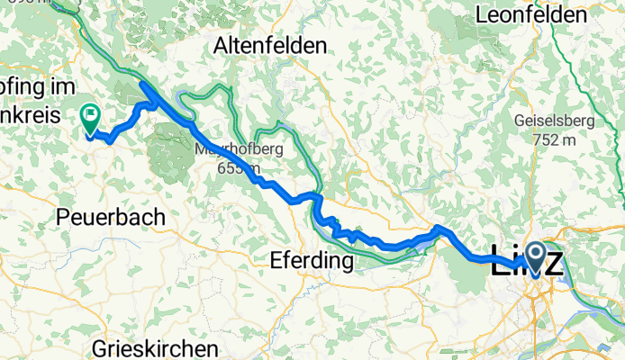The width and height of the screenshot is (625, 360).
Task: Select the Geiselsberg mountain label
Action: [552, 121]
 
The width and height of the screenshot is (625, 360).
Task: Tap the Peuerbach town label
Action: [111, 217]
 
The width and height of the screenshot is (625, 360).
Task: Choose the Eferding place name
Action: [310, 261]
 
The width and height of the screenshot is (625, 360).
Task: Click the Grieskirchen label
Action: [155, 348]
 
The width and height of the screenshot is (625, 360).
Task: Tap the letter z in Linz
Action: [554, 264]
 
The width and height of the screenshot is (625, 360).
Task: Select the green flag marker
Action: [90, 115]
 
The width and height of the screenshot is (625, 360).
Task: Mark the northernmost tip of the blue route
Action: [142, 84]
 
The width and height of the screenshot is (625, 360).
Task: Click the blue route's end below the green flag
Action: [90, 136]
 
